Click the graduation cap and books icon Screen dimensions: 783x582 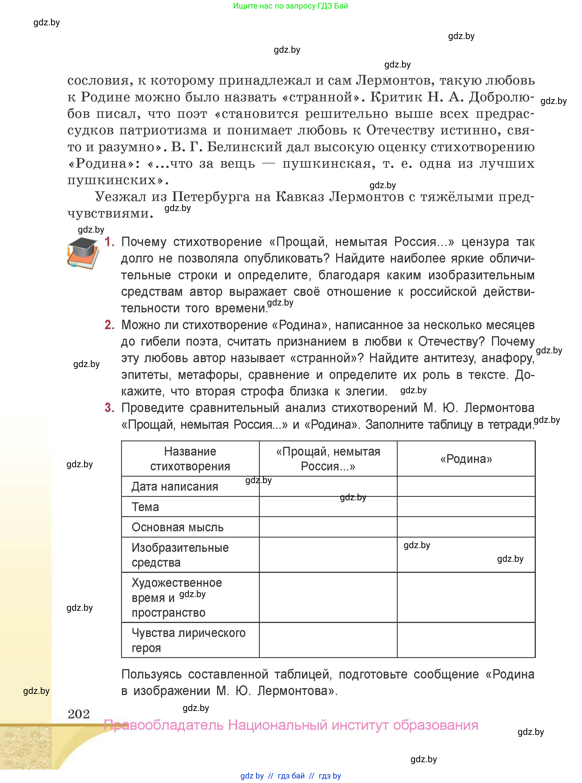click(x=83, y=253)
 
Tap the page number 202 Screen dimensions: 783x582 click(x=79, y=714)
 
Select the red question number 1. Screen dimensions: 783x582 click(x=110, y=242)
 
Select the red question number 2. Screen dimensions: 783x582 click(x=110, y=325)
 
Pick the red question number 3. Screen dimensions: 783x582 click(x=110, y=408)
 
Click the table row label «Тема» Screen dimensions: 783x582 click(x=145, y=507)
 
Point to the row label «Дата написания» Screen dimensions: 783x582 click(x=175, y=487)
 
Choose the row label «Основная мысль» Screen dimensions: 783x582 click(x=177, y=527)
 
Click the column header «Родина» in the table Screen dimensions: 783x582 click(x=466, y=459)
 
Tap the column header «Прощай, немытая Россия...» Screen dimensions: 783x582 click(x=328, y=459)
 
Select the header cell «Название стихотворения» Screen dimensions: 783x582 click(x=190, y=459)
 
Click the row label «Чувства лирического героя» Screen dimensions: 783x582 click(x=189, y=640)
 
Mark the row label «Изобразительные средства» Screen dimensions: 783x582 click(x=180, y=555)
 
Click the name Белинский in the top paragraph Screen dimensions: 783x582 click(x=244, y=147)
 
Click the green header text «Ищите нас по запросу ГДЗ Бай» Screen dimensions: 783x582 click(x=290, y=6)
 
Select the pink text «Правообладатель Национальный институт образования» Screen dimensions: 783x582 click(x=291, y=725)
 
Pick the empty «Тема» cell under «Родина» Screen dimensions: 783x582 click(x=466, y=507)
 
